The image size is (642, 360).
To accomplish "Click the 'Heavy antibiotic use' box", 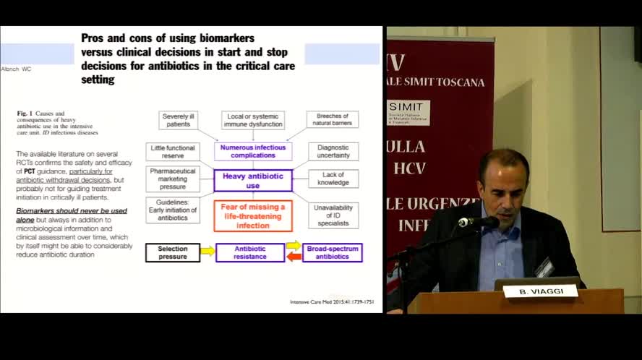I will pos(253,180).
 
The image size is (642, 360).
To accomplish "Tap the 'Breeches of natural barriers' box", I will pos(333,120).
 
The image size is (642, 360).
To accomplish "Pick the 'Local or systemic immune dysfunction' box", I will pos(253,120).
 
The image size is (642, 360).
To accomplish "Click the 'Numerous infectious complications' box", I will pos(253,151).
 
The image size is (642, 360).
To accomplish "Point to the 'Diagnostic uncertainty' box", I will pos(333,151).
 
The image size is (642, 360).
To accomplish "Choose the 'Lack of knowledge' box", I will pos(333,179).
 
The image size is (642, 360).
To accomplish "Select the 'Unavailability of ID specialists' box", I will pos(333,215).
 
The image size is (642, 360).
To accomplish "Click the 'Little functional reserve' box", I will pos(172,151).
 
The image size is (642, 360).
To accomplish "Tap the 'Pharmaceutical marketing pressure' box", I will pos(173,179).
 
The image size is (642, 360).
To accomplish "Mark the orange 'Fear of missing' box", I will pos(253,215).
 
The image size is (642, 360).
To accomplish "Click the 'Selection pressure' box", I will pos(173,252).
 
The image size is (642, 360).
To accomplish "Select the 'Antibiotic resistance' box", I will pos(250,252).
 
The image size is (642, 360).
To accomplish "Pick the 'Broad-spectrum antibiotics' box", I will pos(333,252).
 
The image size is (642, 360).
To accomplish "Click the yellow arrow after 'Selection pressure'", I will pos(207,252).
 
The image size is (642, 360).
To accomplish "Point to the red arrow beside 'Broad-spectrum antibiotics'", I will pos(294,257).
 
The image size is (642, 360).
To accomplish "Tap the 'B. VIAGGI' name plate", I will pos(541,292).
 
